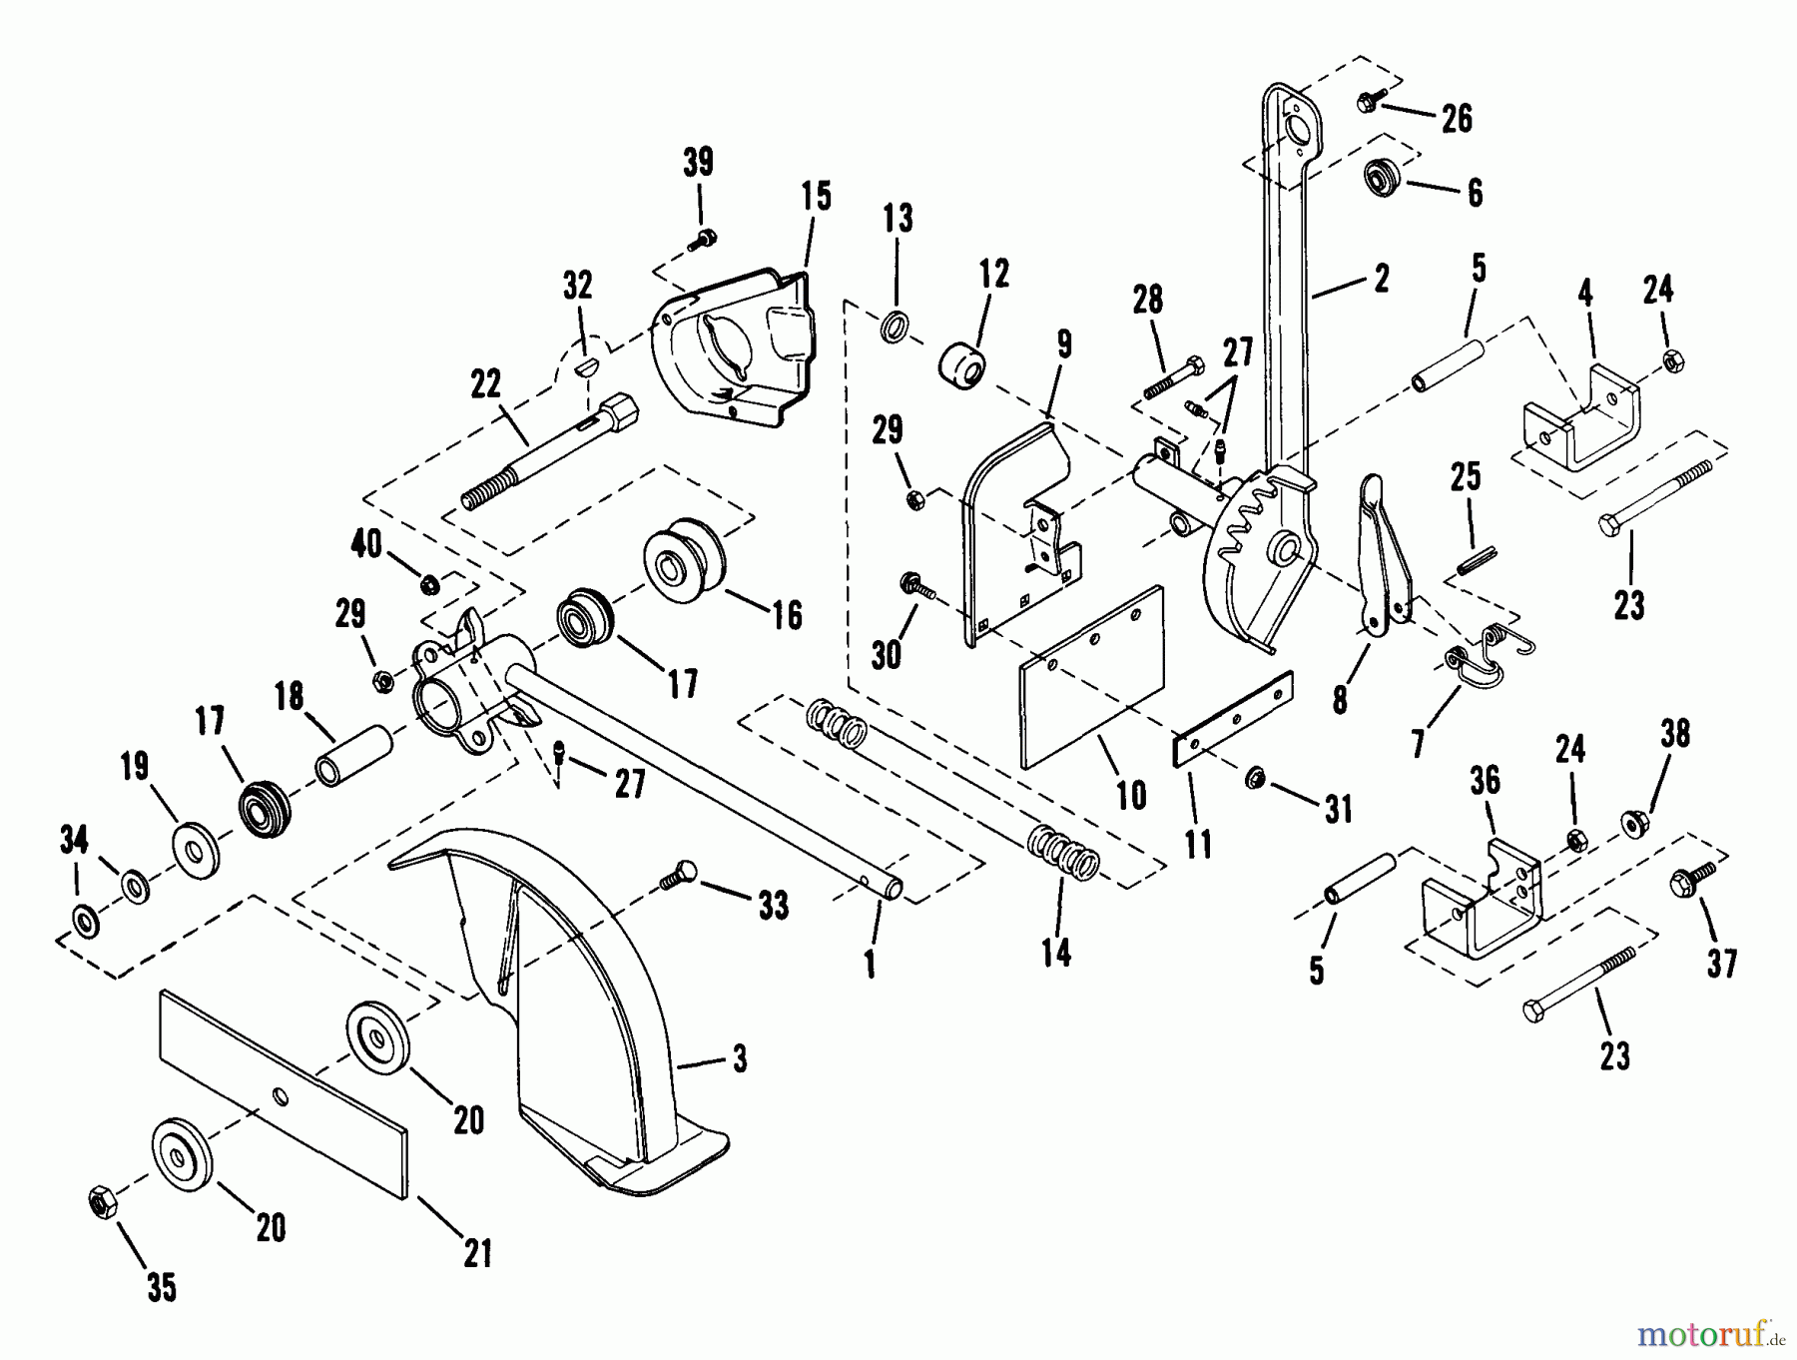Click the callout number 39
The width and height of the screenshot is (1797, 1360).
pos(698,162)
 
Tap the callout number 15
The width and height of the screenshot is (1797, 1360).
pos(816,196)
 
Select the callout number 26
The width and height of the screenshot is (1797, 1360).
pos(1457,119)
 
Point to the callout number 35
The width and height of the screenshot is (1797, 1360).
pos(162,1288)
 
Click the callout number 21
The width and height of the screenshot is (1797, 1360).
pos(478,1253)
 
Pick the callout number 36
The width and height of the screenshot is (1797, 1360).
pos(1485,781)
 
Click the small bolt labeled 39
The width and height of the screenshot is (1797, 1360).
pos(703,239)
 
